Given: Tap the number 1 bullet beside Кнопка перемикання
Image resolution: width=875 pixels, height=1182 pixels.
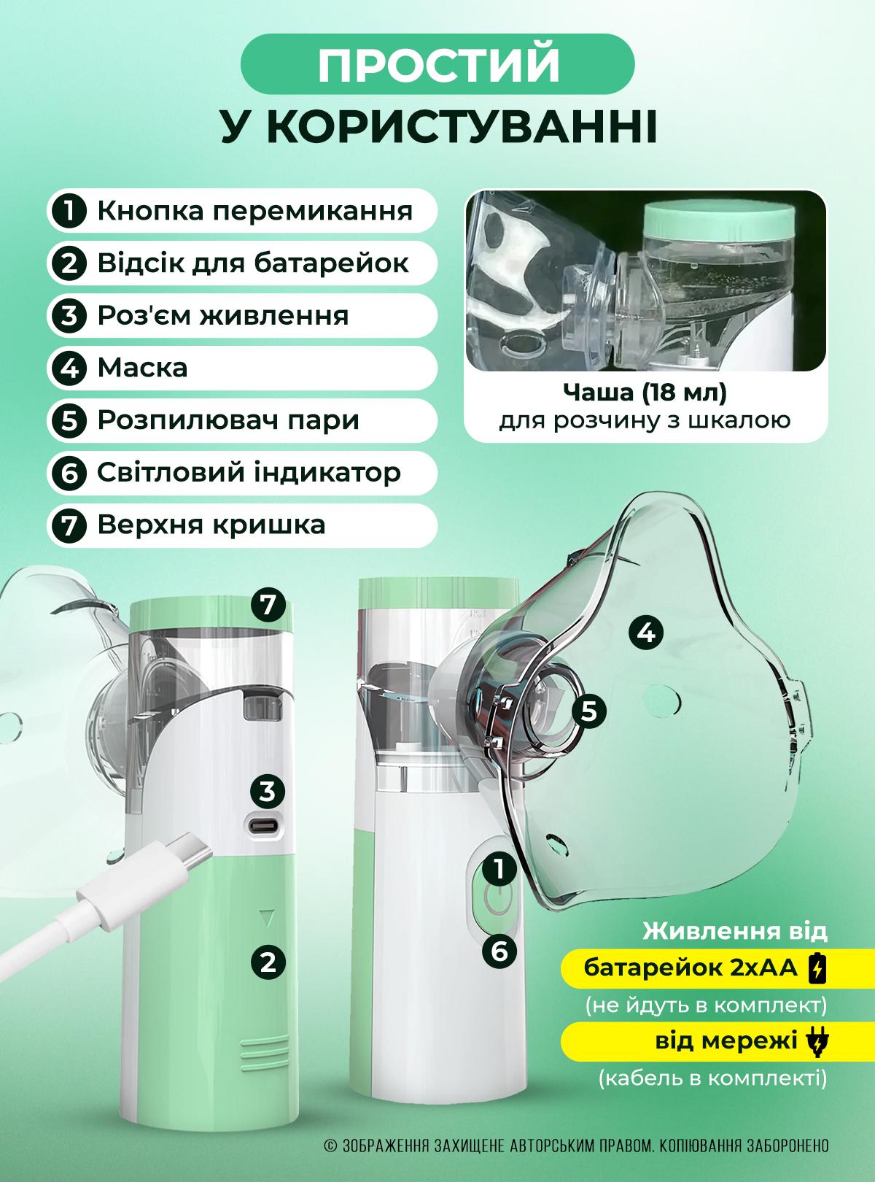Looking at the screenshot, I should click(69, 212).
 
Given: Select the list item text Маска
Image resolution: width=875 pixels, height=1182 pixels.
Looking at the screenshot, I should click(142, 367).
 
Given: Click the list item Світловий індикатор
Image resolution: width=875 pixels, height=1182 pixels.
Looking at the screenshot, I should click(248, 473).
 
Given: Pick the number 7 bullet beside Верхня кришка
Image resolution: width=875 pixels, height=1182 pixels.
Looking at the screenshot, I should click(69, 525).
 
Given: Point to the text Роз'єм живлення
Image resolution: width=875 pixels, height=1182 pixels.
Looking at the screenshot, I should click(222, 315).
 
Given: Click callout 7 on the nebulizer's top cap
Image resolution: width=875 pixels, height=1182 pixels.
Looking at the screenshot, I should click(268, 604).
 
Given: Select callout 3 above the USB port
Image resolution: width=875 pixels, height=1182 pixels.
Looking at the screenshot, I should click(268, 791).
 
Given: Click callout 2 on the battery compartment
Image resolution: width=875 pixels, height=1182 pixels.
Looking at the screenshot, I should click(268, 962).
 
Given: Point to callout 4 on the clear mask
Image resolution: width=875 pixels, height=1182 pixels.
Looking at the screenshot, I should click(646, 632).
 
